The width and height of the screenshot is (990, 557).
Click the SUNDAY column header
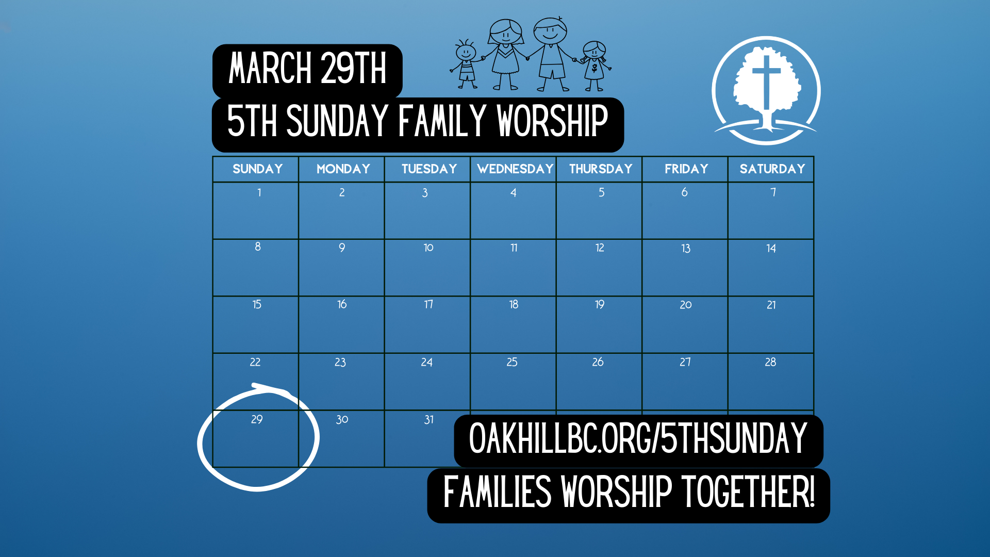pos(257,169)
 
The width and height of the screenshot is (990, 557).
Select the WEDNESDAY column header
pos(515,169)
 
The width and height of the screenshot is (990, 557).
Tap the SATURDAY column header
pos(772,169)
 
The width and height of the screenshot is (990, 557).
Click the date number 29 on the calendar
pos(257,419)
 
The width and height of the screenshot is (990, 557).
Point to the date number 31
pos(428,420)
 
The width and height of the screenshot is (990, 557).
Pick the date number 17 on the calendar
pos(428,304)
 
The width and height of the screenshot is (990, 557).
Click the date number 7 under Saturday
pos(773,192)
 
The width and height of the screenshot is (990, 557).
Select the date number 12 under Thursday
pos(600,248)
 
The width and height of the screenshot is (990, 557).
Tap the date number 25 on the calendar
pos(512,362)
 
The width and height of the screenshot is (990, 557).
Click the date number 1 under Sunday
pos(259,192)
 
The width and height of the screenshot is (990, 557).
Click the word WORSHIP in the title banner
pos(552,121)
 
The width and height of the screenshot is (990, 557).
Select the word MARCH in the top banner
pos(270,68)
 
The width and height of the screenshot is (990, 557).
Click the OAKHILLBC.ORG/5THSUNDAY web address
pos(638,438)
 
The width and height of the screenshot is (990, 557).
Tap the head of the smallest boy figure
pos(466,52)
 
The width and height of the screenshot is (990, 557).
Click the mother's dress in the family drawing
pos(505,60)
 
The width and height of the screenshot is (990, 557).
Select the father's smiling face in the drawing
pos(550,32)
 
